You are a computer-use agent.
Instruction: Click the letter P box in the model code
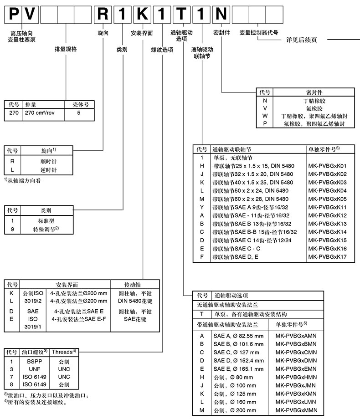pos(14,14)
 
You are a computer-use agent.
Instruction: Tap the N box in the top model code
pos(221,14)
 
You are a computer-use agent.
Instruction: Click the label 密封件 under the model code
pos(221,33)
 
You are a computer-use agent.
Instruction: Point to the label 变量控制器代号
pos(259,33)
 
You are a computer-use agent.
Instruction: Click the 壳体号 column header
pos(80,104)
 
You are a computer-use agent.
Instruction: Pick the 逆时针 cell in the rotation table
pos(48,170)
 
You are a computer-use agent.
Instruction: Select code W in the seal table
pos(265,116)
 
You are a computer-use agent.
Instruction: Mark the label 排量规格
pos(66,49)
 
